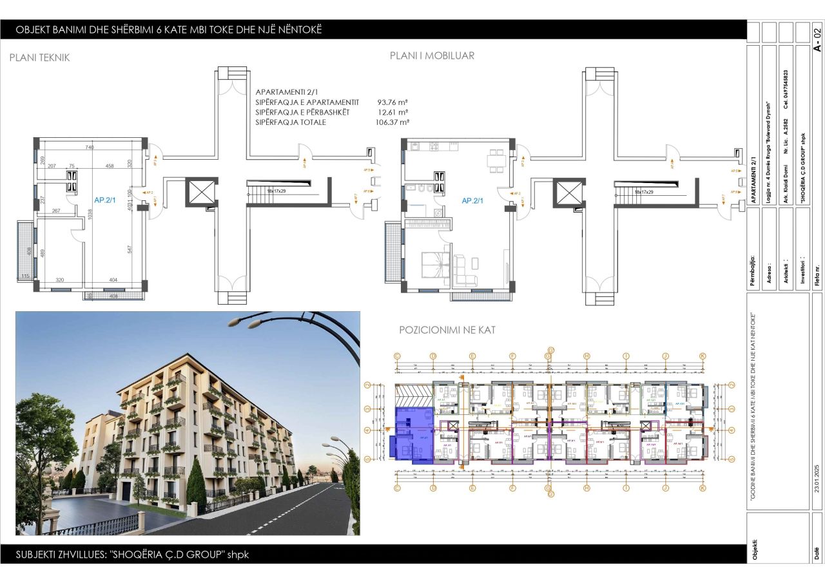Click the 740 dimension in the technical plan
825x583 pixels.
(90, 148)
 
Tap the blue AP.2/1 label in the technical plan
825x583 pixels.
(104, 200)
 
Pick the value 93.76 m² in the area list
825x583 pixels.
(392, 102)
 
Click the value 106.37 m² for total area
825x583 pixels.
(392, 122)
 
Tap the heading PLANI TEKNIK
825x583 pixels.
(39, 57)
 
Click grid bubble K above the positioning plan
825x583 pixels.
(703, 356)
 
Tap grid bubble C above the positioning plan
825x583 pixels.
(398, 356)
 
